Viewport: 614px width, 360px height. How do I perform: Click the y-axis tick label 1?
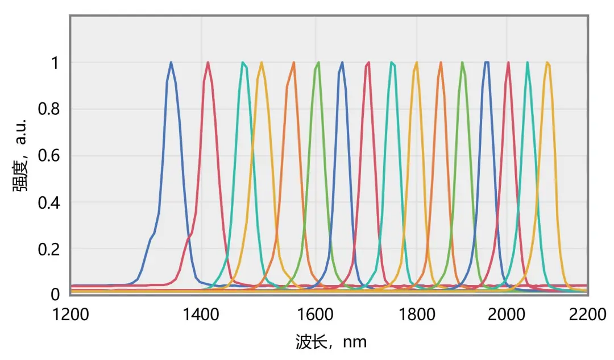pos(55,63)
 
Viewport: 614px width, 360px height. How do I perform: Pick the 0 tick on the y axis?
pos(55,295)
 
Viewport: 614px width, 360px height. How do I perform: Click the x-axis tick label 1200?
pos(70,313)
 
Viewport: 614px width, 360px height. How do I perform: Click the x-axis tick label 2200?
pos(587,313)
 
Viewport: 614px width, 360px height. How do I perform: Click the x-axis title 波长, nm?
pos(331,341)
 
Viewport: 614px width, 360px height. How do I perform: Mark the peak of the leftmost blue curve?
pos(171,63)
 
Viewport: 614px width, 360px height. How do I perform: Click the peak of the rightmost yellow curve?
pos(547,63)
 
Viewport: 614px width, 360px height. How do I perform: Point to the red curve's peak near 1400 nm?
pos(208,63)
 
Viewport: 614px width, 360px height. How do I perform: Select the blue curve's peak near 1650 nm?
pos(342,63)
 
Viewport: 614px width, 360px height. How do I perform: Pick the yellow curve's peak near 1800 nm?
pos(417,63)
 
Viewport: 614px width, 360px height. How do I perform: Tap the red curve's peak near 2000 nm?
pos(508,63)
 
